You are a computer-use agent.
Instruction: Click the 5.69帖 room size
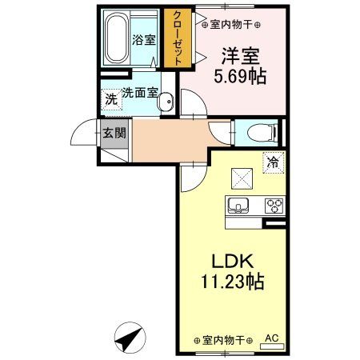(x=239, y=78)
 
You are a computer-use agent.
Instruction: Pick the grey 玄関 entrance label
(x=114, y=134)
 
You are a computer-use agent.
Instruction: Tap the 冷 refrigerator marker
(x=273, y=162)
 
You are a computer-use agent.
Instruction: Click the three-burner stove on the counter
(x=273, y=205)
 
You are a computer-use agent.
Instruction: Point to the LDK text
(x=233, y=262)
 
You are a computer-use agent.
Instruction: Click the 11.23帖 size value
(x=233, y=282)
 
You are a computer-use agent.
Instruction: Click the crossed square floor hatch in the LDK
(x=240, y=178)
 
